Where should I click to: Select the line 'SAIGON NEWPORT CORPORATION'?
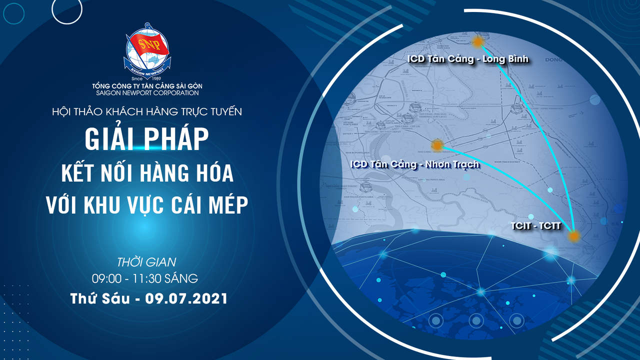tap(147, 93)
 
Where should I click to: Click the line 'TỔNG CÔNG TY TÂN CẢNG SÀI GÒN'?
tap(147, 86)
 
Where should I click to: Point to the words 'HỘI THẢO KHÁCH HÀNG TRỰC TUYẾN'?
tap(147, 111)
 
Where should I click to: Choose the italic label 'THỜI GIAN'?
tap(146, 261)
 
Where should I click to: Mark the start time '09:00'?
tap(104, 277)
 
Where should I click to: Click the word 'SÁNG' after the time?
tap(183, 277)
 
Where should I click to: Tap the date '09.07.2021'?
tap(186, 298)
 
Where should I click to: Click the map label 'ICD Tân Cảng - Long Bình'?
tap(468, 59)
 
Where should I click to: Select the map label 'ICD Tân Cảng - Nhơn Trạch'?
tap(415, 164)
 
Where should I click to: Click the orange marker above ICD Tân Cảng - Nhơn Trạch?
tap(437, 145)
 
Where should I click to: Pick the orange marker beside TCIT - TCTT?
tap(574, 236)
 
